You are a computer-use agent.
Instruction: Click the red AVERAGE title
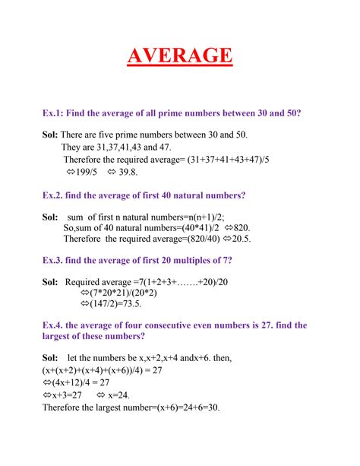(x=179, y=56)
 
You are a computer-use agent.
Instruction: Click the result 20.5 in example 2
(x=241, y=239)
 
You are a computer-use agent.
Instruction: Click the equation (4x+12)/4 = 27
(x=84, y=383)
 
